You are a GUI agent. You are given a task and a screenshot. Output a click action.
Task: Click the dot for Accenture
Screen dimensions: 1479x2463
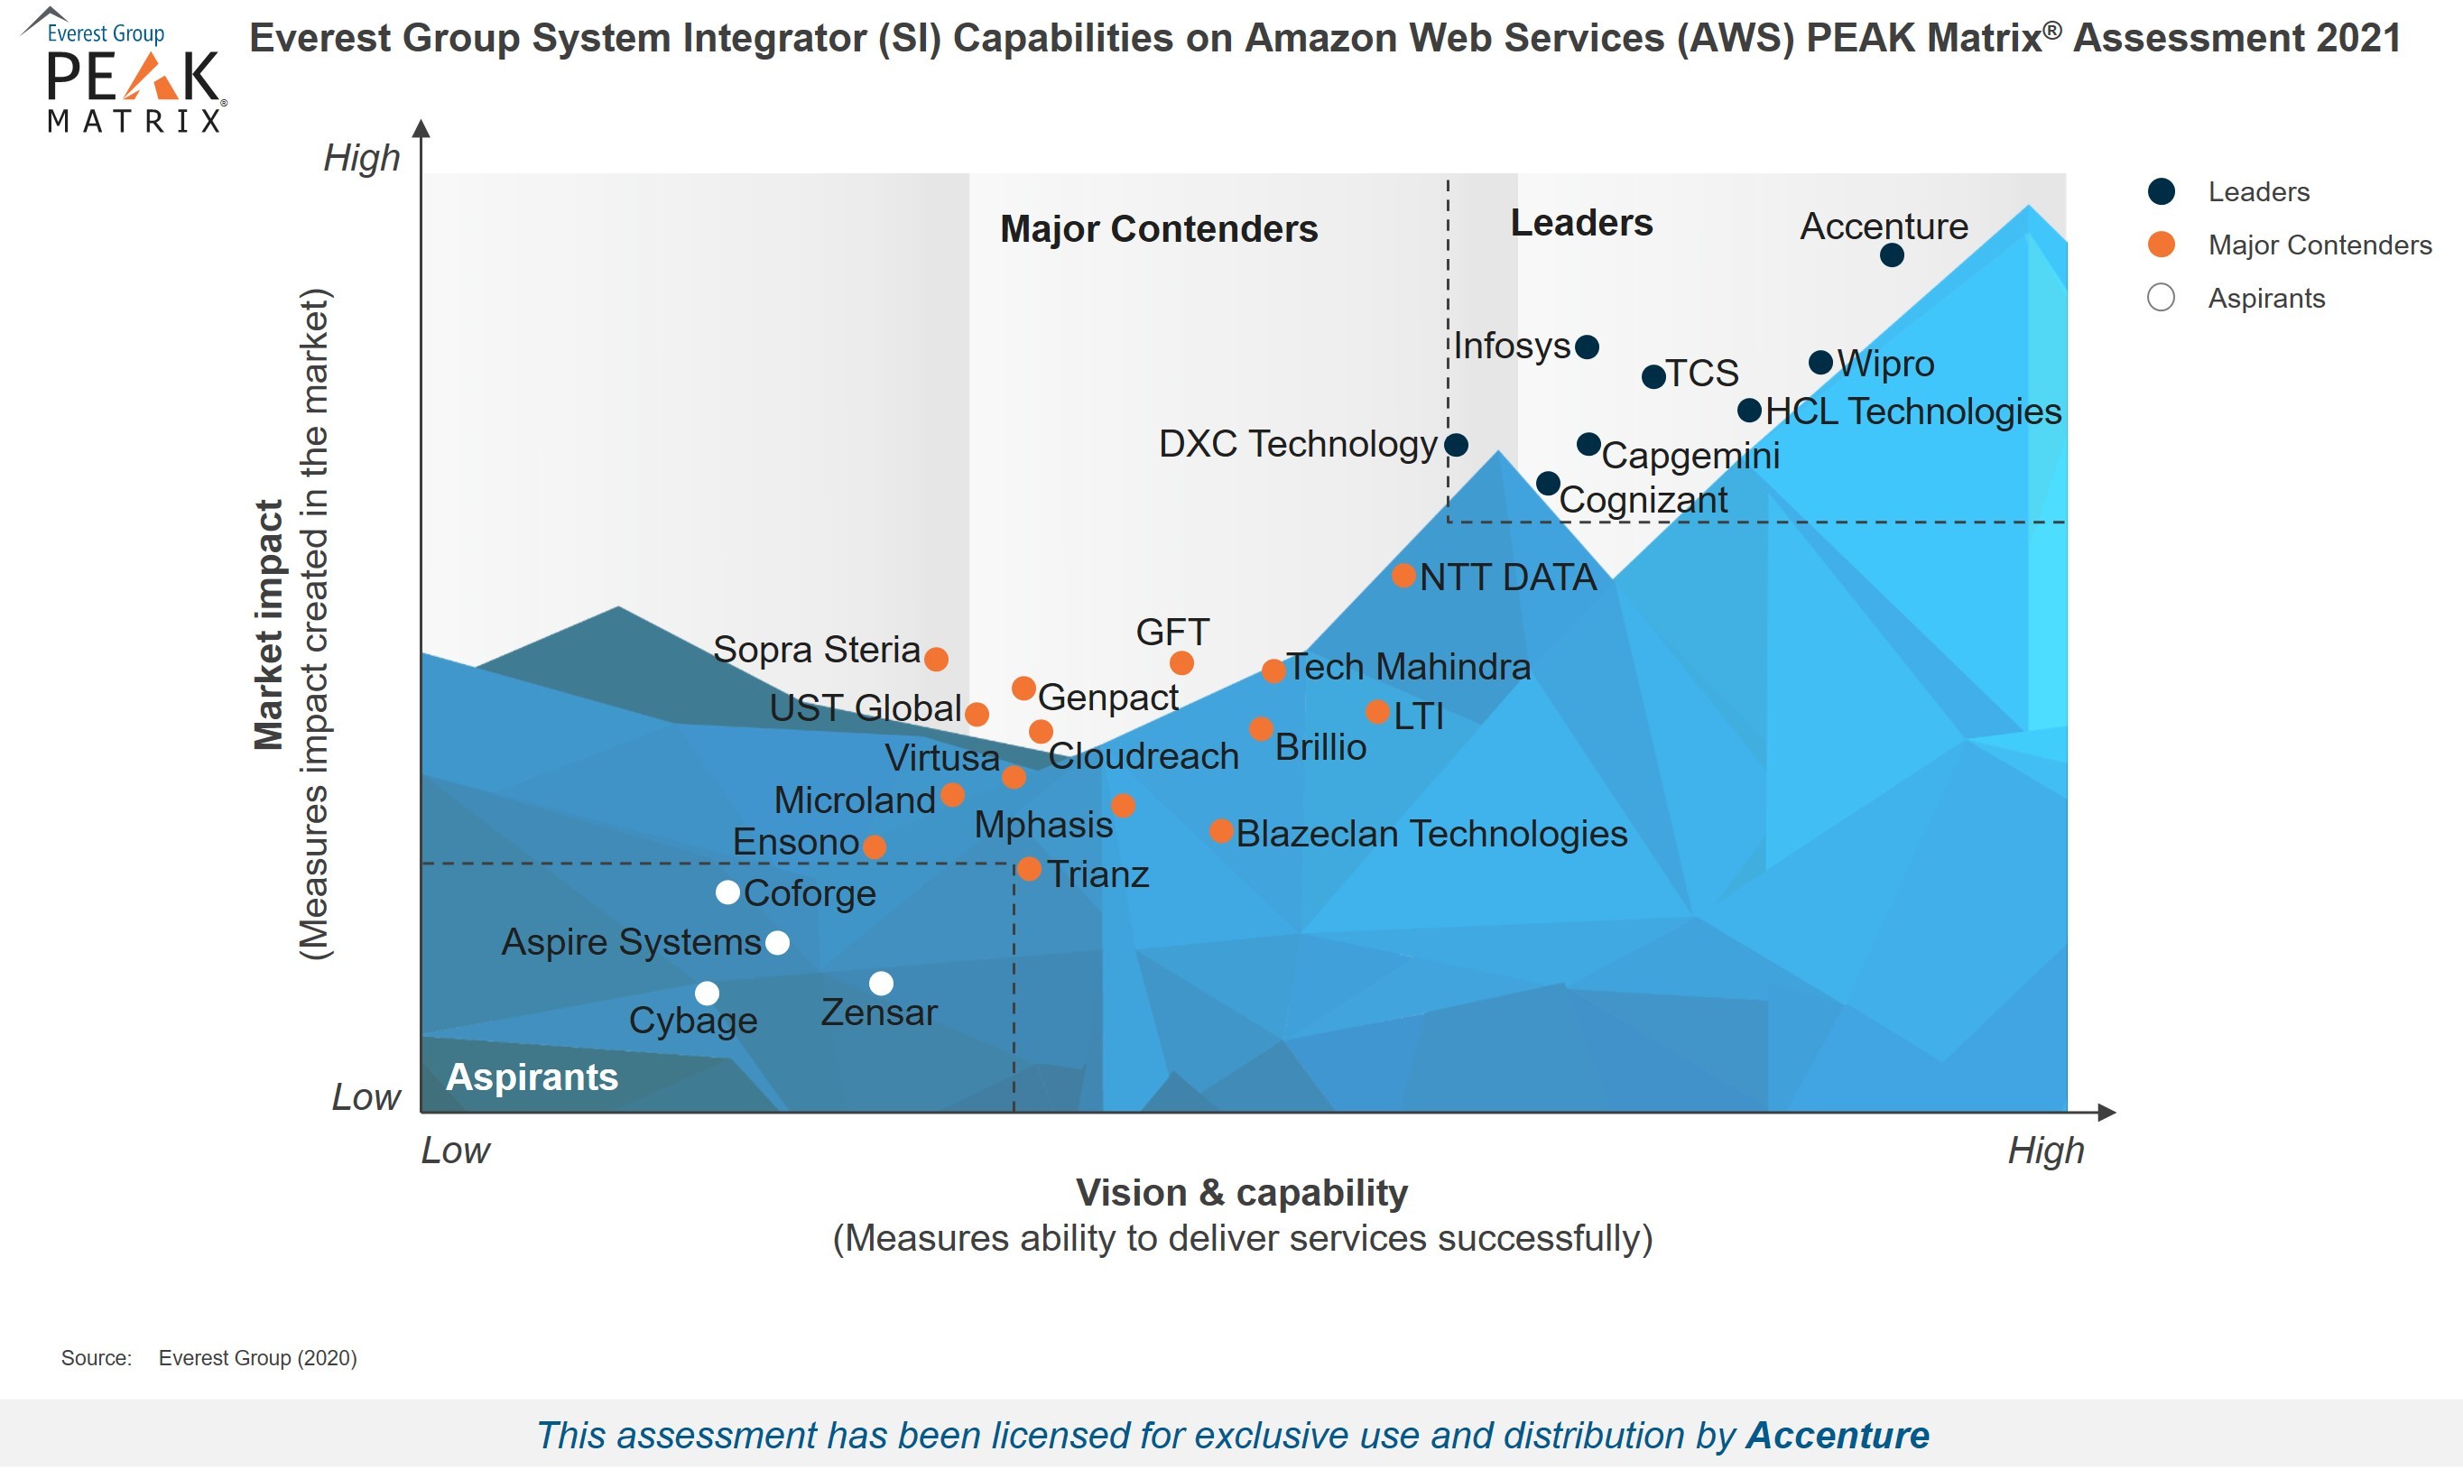coord(1891,255)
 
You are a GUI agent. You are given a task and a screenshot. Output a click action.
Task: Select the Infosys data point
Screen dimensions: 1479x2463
coord(1587,347)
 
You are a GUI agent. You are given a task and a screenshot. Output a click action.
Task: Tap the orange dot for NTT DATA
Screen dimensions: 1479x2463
coord(1403,575)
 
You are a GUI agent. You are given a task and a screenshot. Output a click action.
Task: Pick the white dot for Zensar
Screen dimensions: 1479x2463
coord(881,984)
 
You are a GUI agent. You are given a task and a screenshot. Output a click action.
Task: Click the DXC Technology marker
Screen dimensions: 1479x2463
coord(1457,445)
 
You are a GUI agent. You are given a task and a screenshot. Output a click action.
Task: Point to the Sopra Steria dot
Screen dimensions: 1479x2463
coord(936,659)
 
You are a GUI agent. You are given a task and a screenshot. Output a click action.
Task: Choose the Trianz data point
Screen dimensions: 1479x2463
coord(1030,870)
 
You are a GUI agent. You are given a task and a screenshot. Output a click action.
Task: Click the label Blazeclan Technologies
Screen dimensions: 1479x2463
coord(1431,834)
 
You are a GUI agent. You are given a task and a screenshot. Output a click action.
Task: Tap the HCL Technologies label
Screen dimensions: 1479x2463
coord(1912,411)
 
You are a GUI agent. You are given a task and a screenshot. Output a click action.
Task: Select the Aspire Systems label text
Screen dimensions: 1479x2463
coord(631,943)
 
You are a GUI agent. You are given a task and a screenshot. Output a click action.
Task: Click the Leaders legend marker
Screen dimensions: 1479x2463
coord(2161,191)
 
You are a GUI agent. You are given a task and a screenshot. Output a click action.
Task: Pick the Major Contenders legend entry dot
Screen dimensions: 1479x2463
coord(2161,245)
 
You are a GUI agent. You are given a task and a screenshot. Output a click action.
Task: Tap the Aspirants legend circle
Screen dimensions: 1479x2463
coord(2161,298)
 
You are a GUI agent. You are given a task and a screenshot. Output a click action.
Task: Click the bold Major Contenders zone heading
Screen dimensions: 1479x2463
coord(1158,229)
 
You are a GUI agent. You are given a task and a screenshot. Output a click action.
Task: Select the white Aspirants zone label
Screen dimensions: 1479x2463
coord(532,1077)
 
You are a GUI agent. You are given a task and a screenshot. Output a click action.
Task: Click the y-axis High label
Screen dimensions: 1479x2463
coord(361,159)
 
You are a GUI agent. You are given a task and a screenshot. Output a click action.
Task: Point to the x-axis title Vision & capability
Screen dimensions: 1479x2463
coord(1241,1193)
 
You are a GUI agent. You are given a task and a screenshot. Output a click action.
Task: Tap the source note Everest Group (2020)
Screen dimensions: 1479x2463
coord(257,1358)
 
